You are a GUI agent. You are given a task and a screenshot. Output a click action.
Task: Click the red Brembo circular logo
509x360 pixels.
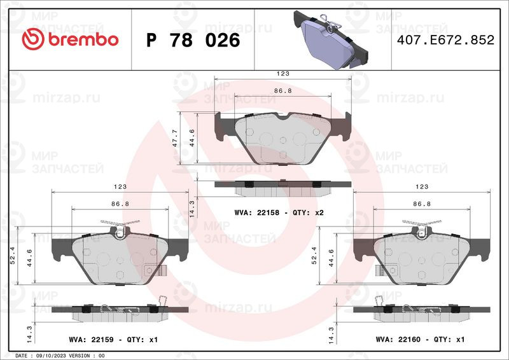point(33,39)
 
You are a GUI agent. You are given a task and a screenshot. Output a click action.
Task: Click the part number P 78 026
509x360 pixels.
point(193,40)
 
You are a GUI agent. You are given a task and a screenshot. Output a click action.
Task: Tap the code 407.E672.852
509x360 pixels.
point(446,40)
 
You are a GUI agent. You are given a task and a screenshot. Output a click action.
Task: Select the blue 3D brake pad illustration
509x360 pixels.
point(330,39)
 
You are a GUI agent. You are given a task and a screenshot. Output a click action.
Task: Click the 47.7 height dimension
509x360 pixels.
point(175,138)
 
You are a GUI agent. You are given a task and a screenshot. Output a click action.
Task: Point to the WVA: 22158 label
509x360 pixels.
point(257,212)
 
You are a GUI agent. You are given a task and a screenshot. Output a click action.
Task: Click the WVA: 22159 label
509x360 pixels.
point(91,340)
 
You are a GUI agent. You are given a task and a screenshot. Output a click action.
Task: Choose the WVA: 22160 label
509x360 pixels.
point(398,339)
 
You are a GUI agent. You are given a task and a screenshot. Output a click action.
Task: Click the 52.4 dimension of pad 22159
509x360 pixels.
point(13,255)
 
